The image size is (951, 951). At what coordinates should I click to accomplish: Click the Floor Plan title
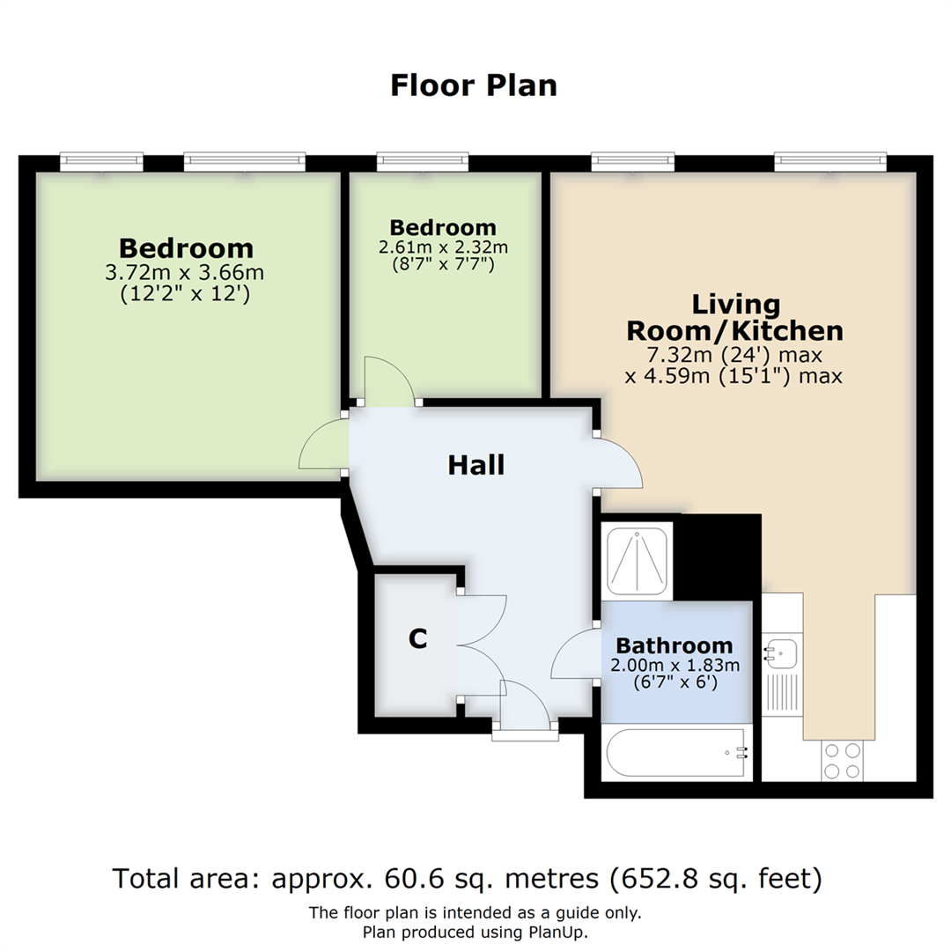(x=474, y=85)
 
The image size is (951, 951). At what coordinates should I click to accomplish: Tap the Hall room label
(x=476, y=465)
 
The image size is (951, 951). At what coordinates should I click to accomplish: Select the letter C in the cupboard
(x=418, y=638)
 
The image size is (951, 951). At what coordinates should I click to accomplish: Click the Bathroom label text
(x=675, y=645)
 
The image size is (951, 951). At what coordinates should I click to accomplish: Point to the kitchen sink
(x=782, y=653)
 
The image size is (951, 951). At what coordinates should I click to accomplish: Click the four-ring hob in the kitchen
(x=843, y=761)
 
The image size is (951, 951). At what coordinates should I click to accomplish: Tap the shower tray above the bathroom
(x=637, y=561)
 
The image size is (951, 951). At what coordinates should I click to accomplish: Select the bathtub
(x=677, y=752)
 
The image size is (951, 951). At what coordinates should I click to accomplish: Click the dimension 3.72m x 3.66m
(x=185, y=272)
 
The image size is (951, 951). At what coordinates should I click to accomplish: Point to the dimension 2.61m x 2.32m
(x=443, y=247)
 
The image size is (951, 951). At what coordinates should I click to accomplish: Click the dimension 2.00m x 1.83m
(x=675, y=666)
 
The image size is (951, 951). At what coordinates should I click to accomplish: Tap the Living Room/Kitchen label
(x=735, y=318)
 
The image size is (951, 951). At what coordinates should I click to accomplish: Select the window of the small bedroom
(x=423, y=161)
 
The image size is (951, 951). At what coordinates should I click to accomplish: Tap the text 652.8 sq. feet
(x=715, y=879)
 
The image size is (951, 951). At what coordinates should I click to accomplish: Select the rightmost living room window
(x=830, y=161)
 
